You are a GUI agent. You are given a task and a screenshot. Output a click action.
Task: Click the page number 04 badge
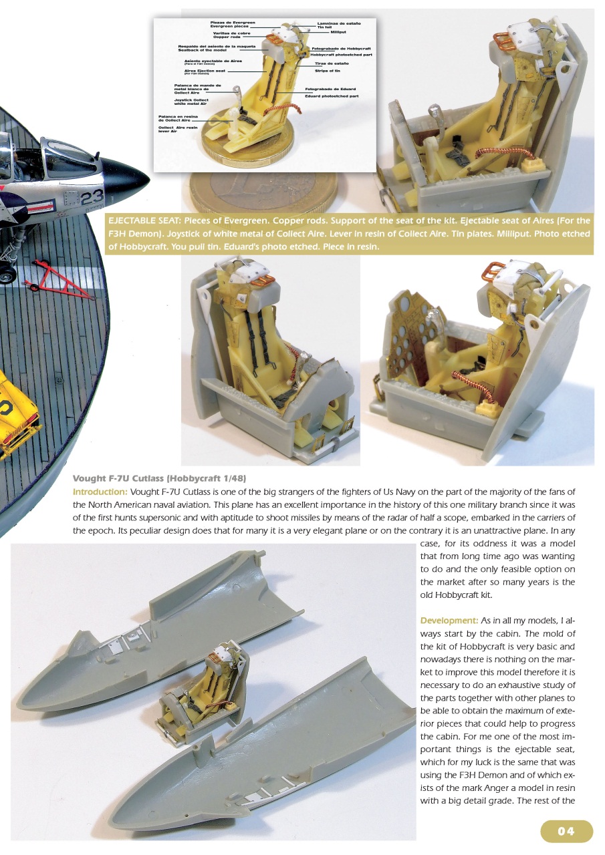[566, 831]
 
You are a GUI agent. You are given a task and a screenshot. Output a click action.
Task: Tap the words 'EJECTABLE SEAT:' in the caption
[144, 220]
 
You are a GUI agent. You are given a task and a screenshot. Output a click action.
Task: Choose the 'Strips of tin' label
[329, 69]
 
